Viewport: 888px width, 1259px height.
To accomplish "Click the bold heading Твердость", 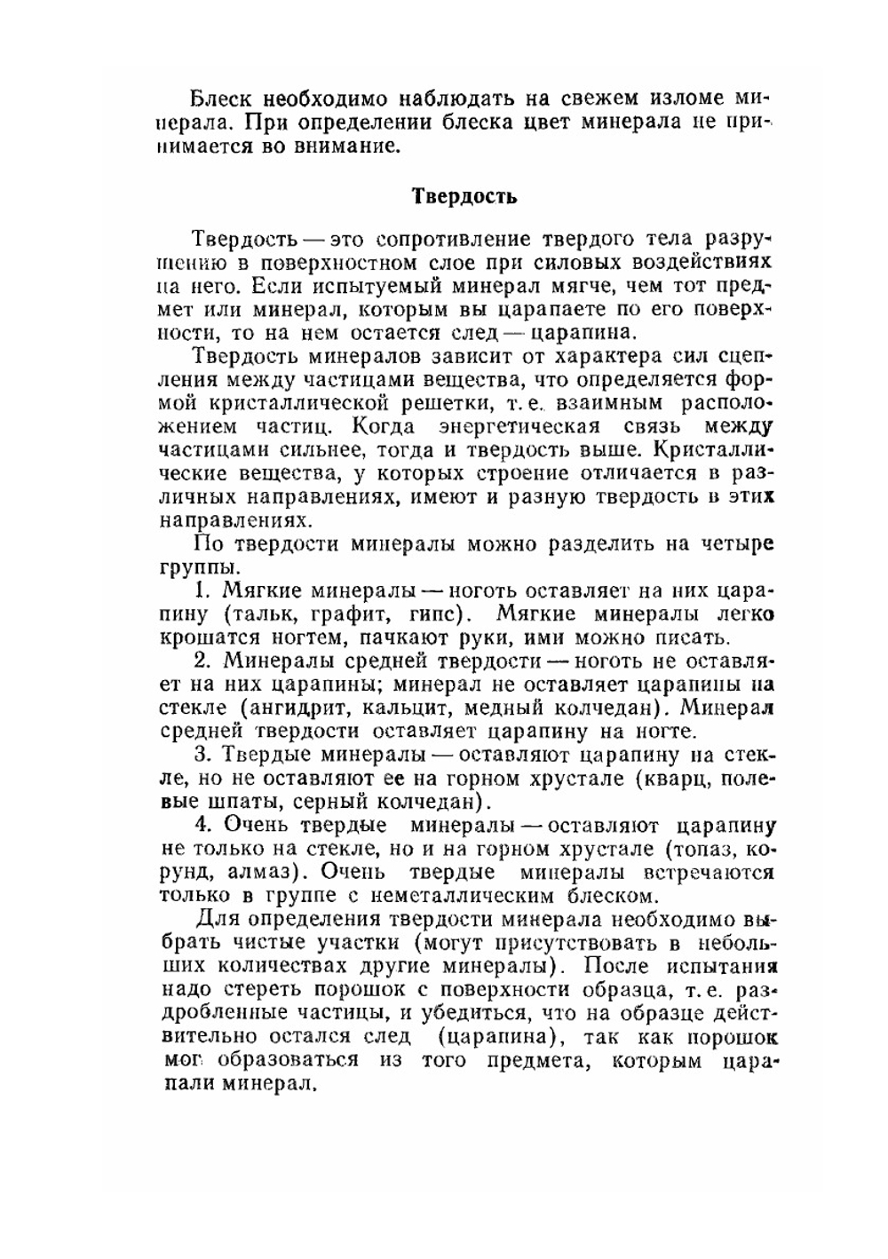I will (464, 196).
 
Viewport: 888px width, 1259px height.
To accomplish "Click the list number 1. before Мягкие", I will (202, 590).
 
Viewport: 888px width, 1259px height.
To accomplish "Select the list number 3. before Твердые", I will (202, 756).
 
